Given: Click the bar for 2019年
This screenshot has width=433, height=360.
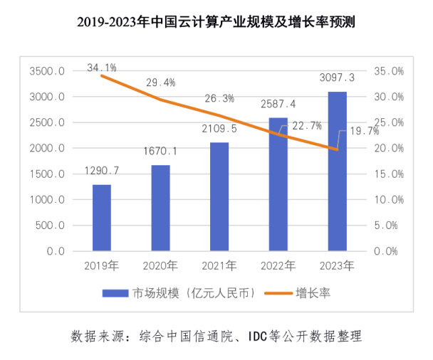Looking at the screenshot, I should coord(102,218).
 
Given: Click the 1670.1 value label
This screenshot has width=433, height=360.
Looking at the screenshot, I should coord(162,152).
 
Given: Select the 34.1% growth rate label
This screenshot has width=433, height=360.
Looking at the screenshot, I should coord(102,68).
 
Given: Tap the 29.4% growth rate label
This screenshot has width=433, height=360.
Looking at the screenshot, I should coord(160,83).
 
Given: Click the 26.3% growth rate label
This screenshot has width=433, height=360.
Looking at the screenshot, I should coord(219,99).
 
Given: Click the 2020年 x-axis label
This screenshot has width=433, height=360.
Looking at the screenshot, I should coord(160,265).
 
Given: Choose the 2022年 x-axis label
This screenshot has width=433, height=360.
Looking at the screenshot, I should coord(278,265).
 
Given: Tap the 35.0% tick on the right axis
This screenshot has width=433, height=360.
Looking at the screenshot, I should coord(389,71).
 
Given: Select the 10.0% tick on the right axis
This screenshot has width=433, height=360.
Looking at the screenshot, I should coord(389,200).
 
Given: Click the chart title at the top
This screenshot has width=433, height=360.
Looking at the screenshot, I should coord(216,22).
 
